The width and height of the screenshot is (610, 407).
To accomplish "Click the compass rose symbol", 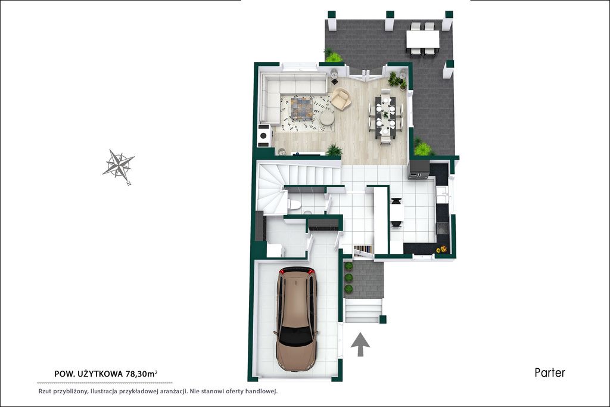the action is point(118,166).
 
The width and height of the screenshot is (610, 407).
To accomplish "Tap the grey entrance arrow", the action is point(360,344).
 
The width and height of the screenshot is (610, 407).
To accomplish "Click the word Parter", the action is point(550,372).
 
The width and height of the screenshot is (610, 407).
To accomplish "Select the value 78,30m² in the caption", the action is point(142,374).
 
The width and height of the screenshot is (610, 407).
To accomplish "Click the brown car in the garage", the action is point(297,319).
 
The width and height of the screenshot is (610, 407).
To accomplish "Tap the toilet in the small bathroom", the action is point(294,204).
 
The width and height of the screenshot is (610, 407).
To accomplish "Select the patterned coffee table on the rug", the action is point(301,108).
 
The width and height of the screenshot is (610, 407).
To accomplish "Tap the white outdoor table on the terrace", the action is point(422,39).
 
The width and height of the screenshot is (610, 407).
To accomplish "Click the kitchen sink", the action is point(441,194).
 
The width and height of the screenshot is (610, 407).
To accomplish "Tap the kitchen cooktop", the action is point(443,228).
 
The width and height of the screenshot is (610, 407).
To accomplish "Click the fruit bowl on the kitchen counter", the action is point(443,248).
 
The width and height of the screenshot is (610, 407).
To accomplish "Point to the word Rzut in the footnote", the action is point(45,391).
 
